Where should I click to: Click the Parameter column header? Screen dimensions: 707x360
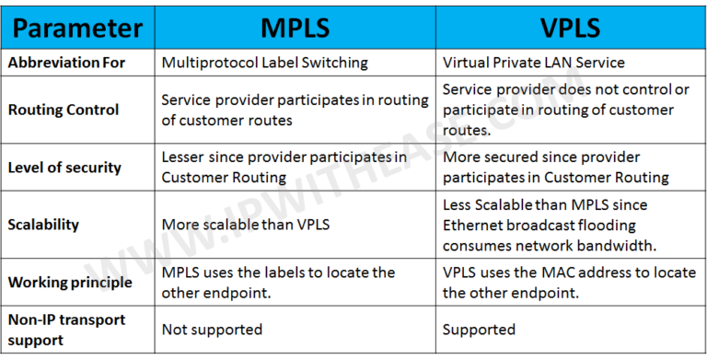click(78, 29)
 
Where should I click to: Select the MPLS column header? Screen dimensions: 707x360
click(294, 29)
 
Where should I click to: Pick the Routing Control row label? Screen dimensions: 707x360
click(64, 110)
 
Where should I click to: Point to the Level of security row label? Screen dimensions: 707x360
click(64, 168)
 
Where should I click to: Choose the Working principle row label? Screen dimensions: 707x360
click(71, 282)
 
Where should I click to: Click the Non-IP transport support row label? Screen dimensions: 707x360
click(66, 329)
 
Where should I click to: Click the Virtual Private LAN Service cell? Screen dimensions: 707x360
click(534, 63)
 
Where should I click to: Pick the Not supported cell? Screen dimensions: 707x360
click(212, 329)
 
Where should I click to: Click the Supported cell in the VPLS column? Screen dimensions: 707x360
click(480, 329)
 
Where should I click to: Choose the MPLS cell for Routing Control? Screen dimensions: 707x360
click(295, 110)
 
